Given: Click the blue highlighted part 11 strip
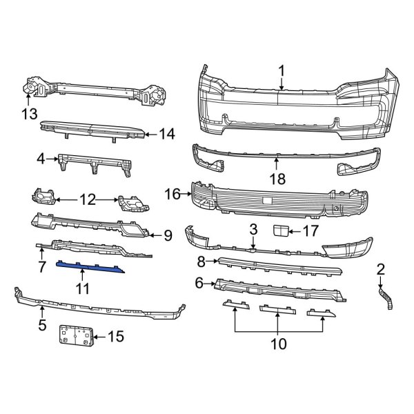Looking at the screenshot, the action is point(90,267).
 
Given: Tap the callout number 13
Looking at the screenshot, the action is point(29,115).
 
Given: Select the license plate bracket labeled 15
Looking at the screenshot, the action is point(76,335).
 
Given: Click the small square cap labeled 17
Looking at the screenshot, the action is point(280,230).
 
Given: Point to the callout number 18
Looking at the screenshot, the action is point(277,179).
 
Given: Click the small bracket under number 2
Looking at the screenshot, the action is point(386,298).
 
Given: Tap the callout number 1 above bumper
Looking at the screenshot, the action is point(282,71).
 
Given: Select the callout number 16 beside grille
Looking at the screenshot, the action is point(172,194).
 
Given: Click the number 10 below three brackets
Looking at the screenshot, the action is point(278,344).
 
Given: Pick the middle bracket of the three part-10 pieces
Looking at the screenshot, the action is point(278,309).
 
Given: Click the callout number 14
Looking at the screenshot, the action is point(167,134).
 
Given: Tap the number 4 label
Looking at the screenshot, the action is point(41,159).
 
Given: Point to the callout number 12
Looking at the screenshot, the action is point(88,200).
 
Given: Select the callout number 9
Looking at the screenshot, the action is point(168,235).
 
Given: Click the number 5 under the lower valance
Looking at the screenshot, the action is point(42,325).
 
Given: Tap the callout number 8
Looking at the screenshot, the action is point(201,262).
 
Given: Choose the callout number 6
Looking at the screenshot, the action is point(199,283).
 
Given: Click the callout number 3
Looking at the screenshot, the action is point(253,230).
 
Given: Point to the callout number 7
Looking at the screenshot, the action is point(42,266).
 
